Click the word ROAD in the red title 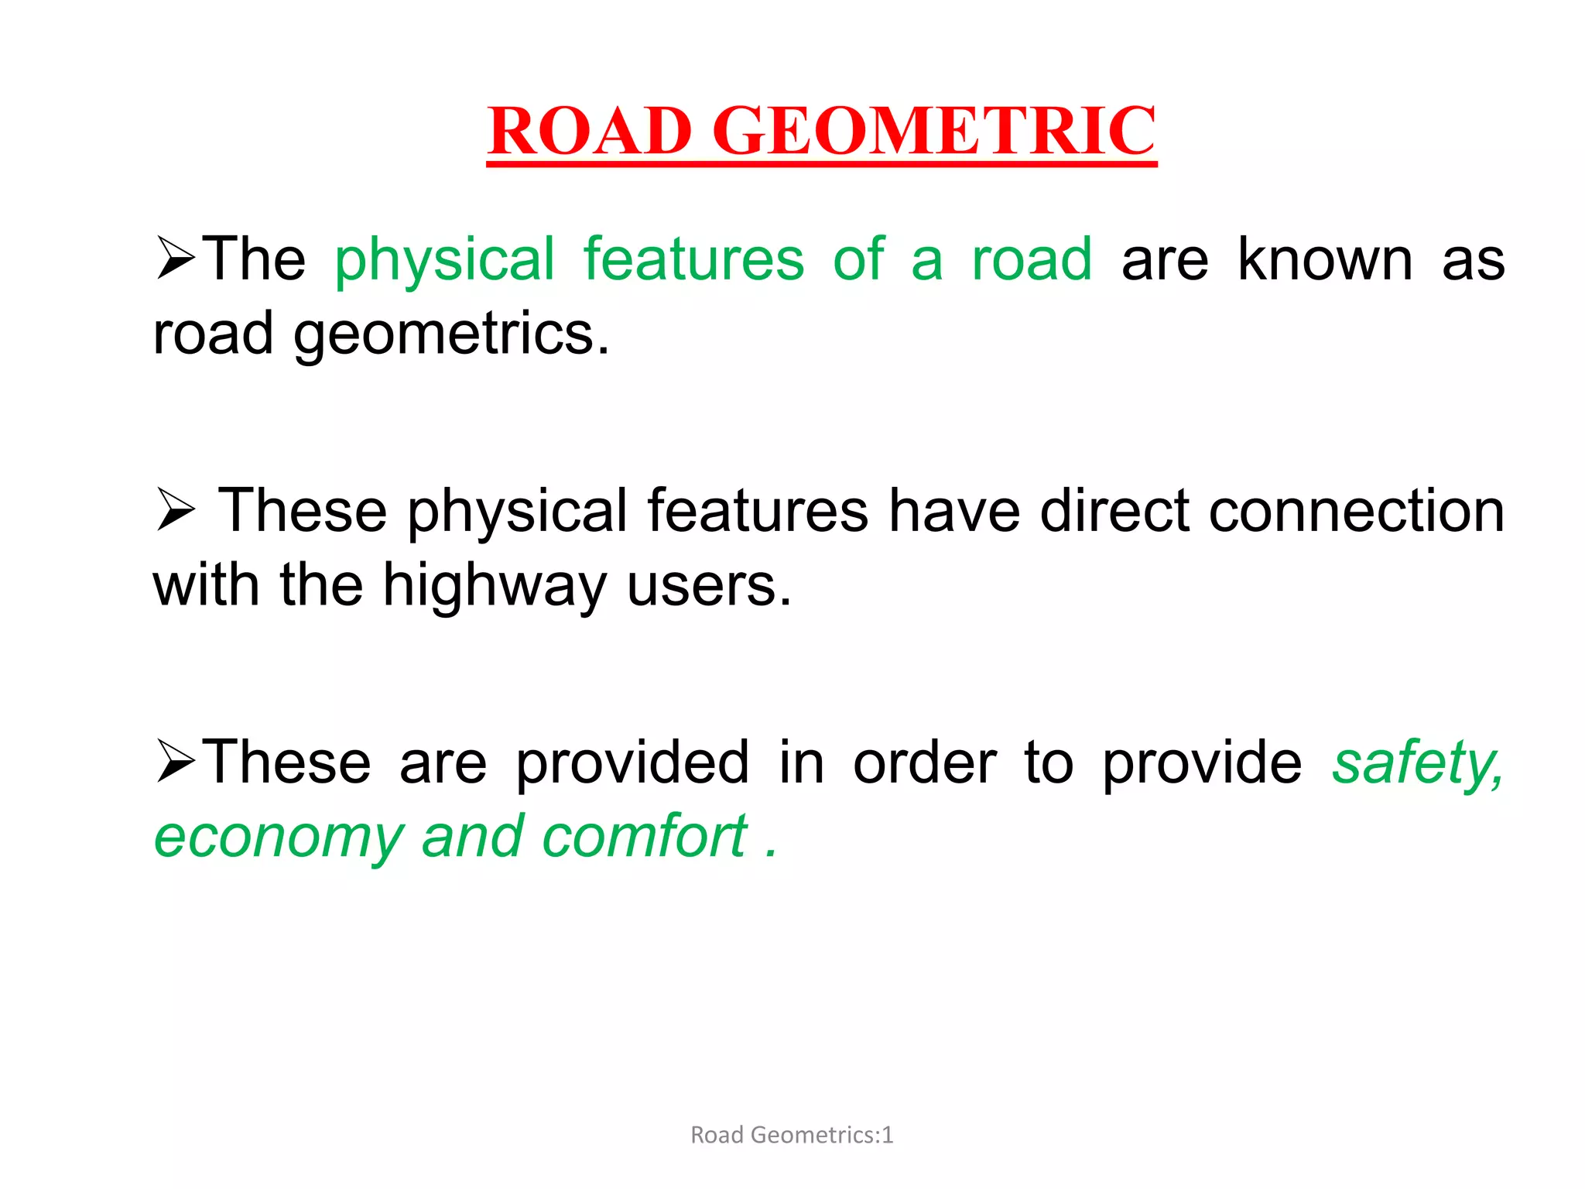coord(590,131)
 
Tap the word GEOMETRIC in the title coord(934,131)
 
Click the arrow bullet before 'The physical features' coord(176,259)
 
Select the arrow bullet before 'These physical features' coord(176,510)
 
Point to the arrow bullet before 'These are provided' coord(176,762)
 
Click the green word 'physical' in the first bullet coord(445,261)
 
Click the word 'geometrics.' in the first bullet coord(452,335)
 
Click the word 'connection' coord(1357,512)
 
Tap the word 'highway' coord(495,587)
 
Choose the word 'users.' coord(709,587)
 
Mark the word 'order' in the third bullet coord(925,763)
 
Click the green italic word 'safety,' coord(1417,764)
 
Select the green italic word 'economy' coord(279,838)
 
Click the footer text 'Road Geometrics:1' coord(792,1135)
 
